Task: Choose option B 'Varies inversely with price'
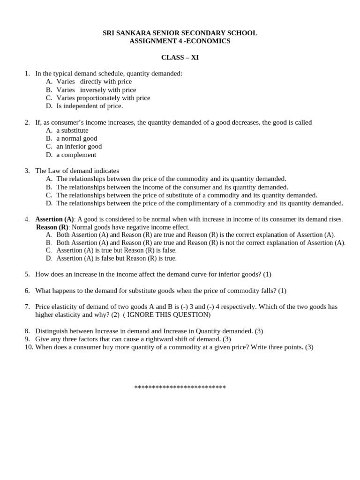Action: pyautogui.click(x=96, y=90)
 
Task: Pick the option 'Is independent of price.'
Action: pyautogui.click(x=90, y=106)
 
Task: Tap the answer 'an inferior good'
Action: pyautogui.click(x=79, y=146)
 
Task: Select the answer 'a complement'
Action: pyautogui.click(x=76, y=155)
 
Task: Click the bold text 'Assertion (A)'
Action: pyautogui.click(x=54, y=219)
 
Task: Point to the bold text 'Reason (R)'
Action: pyautogui.click(x=52, y=227)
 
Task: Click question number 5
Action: pyautogui.click(x=27, y=274)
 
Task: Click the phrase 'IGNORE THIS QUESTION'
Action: pyautogui.click(x=167, y=315)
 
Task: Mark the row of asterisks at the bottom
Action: pyautogui.click(x=180, y=388)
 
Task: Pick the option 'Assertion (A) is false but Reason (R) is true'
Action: pyautogui.click(x=116, y=258)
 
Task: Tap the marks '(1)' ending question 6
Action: pyautogui.click(x=282, y=291)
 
